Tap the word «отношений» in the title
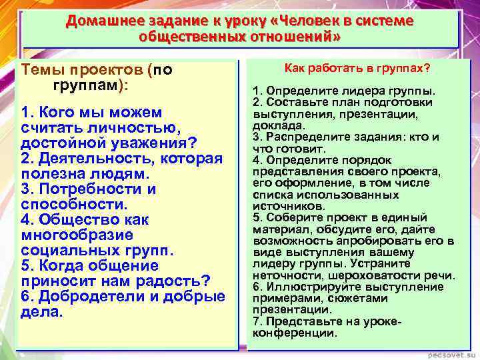(297, 36)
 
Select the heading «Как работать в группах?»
(357, 69)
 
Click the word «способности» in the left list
(73, 204)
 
